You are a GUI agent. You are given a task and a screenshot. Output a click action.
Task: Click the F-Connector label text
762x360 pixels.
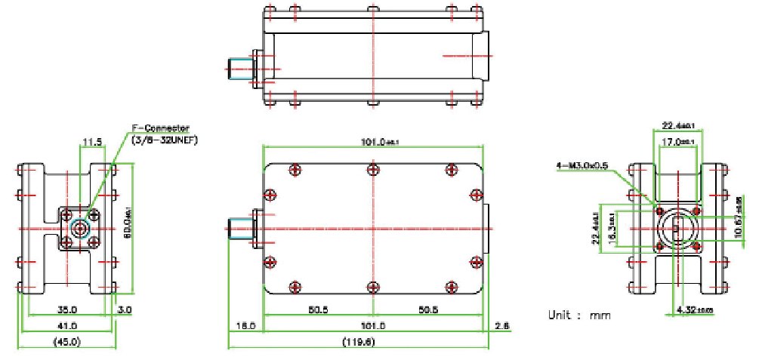pos(161,128)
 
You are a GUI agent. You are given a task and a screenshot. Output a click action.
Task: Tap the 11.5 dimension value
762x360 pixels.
pos(91,140)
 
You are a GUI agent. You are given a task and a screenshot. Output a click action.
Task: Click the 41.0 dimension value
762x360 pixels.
pos(67,325)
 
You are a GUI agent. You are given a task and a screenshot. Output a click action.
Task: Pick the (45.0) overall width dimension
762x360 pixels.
pos(67,342)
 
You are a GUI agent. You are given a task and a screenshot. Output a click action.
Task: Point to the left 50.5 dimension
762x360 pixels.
pos(318,309)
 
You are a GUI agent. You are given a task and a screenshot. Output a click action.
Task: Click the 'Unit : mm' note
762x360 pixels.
pos(579,315)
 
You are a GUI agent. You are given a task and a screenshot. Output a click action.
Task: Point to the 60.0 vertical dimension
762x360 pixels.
pos(129,224)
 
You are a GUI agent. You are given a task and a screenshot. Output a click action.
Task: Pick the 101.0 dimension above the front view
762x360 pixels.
pos(374,141)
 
